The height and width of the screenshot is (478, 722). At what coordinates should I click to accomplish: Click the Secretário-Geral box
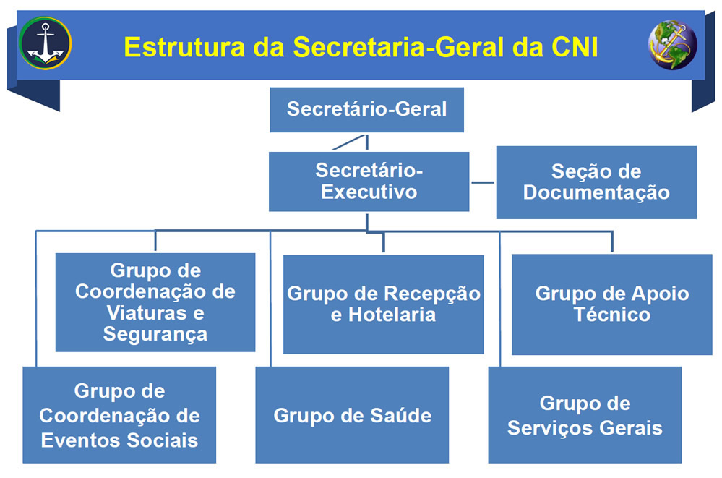coord(366,110)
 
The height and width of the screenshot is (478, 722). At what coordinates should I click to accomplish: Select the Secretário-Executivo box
coord(369,182)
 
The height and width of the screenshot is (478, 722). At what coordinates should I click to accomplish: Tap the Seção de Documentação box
coord(596,182)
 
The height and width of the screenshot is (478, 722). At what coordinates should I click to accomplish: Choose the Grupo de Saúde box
coord(352,415)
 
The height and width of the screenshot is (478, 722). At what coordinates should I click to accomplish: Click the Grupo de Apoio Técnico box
coord(612,304)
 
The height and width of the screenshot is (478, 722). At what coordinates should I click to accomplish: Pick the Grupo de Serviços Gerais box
coord(585,415)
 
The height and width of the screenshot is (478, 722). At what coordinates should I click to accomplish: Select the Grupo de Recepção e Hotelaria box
coord(384,304)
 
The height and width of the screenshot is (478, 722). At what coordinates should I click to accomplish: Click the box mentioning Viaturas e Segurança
coord(155,302)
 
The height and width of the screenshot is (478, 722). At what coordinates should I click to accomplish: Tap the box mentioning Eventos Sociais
coord(119,415)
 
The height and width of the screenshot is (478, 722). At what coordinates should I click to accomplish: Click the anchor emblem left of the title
coord(45,43)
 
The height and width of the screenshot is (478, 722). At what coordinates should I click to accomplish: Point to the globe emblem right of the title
coord(672,45)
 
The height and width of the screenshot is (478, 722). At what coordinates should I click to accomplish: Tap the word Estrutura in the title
coord(184,47)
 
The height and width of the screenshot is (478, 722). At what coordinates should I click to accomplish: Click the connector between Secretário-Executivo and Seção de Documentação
coord(483,182)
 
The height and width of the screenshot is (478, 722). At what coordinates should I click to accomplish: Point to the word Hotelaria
coord(392,315)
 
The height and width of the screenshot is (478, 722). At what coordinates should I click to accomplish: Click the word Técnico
coord(612,315)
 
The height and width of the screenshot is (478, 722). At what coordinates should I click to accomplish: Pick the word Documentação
coord(596,192)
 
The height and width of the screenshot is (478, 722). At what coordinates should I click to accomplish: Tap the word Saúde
coord(401,415)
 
